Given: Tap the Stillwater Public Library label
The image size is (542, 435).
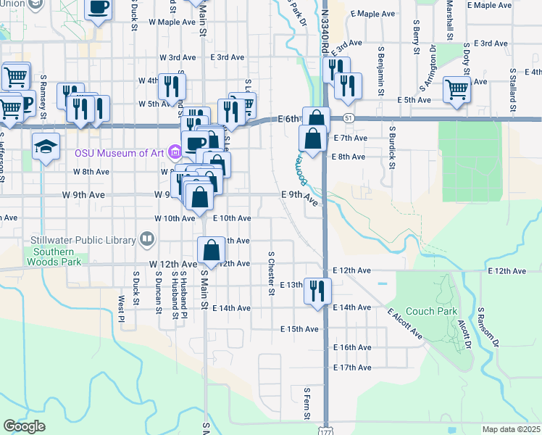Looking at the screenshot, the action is point(83,240).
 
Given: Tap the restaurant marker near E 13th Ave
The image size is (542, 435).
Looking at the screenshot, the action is point(317,290).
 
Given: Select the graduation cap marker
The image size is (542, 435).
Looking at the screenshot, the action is point(46,146).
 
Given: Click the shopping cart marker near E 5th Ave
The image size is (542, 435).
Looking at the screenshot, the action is point(456,90).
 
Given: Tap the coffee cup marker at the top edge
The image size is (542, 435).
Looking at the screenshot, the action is point(99,9).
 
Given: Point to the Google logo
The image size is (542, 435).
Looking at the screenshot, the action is point(24,426).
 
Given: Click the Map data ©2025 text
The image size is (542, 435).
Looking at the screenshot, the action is point(511,429).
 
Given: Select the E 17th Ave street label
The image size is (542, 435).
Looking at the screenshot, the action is point(352,368).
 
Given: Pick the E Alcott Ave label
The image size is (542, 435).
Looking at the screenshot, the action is point(404,324).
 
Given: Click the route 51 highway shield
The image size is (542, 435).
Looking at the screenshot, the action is point(349,117).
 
